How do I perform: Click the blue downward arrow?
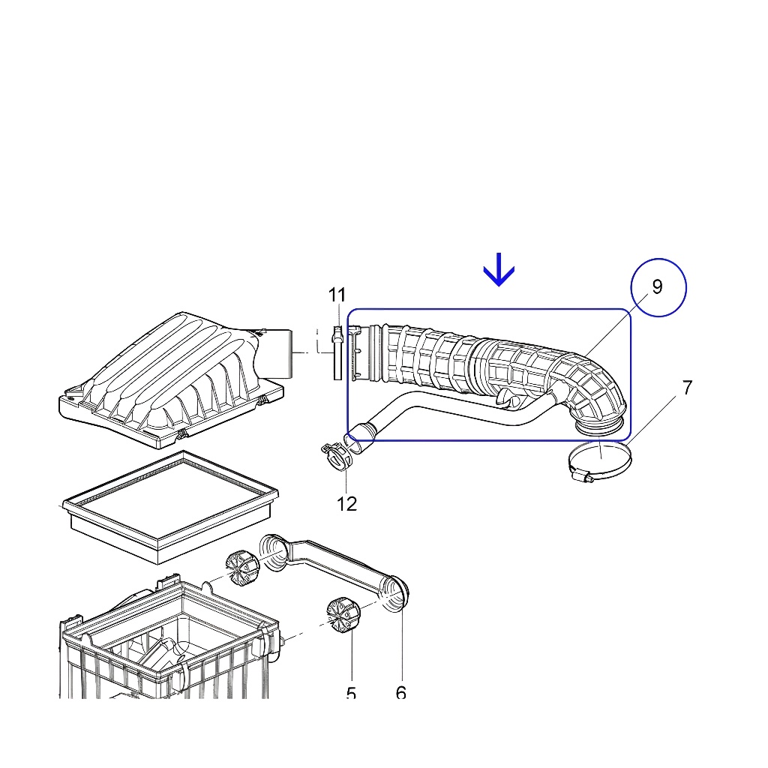tap(499, 270)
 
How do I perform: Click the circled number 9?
tap(658, 286)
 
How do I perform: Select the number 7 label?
tap(687, 388)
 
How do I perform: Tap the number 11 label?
tap(337, 295)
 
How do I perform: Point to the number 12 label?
tap(347, 504)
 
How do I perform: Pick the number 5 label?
tap(351, 694)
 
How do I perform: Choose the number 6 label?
tap(401, 693)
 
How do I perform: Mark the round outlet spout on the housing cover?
tap(280, 352)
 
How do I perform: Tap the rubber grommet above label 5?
tap(343, 614)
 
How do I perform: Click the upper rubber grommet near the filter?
tap(241, 568)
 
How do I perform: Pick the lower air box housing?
tap(169, 645)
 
